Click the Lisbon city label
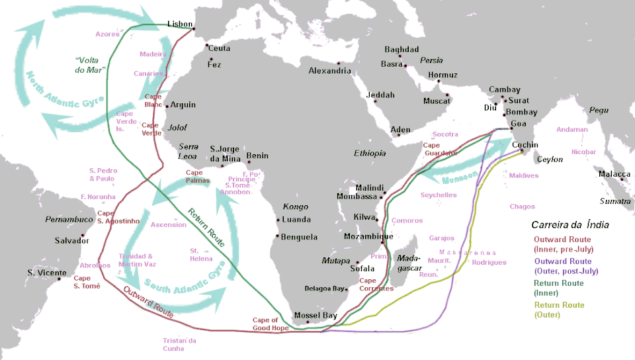(x=180, y=23)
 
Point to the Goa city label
(x=519, y=123)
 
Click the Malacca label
(x=614, y=174)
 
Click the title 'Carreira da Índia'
(x=570, y=225)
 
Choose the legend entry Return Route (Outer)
(x=560, y=310)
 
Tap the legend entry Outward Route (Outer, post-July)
(x=566, y=266)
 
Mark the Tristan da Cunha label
(x=179, y=344)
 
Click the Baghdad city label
(x=402, y=50)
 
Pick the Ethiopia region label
(x=370, y=153)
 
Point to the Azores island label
(x=107, y=34)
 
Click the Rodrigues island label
(x=489, y=262)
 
